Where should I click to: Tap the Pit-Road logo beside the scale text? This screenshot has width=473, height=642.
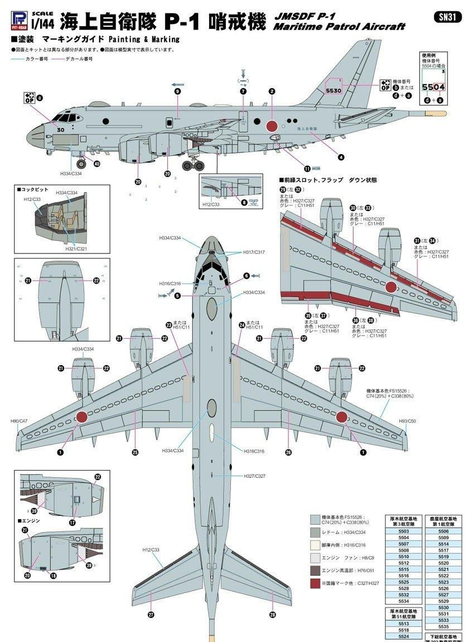click(x=20, y=19)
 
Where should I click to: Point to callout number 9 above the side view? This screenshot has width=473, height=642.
click(x=177, y=91)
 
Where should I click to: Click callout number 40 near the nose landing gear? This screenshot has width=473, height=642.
click(x=97, y=164)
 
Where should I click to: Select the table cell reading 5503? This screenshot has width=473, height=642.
click(x=403, y=532)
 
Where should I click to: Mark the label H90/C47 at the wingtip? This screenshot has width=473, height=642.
click(x=18, y=420)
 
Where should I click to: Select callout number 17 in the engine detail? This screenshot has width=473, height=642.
click(x=72, y=523)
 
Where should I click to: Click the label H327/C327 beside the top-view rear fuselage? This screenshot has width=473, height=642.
click(x=254, y=476)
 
